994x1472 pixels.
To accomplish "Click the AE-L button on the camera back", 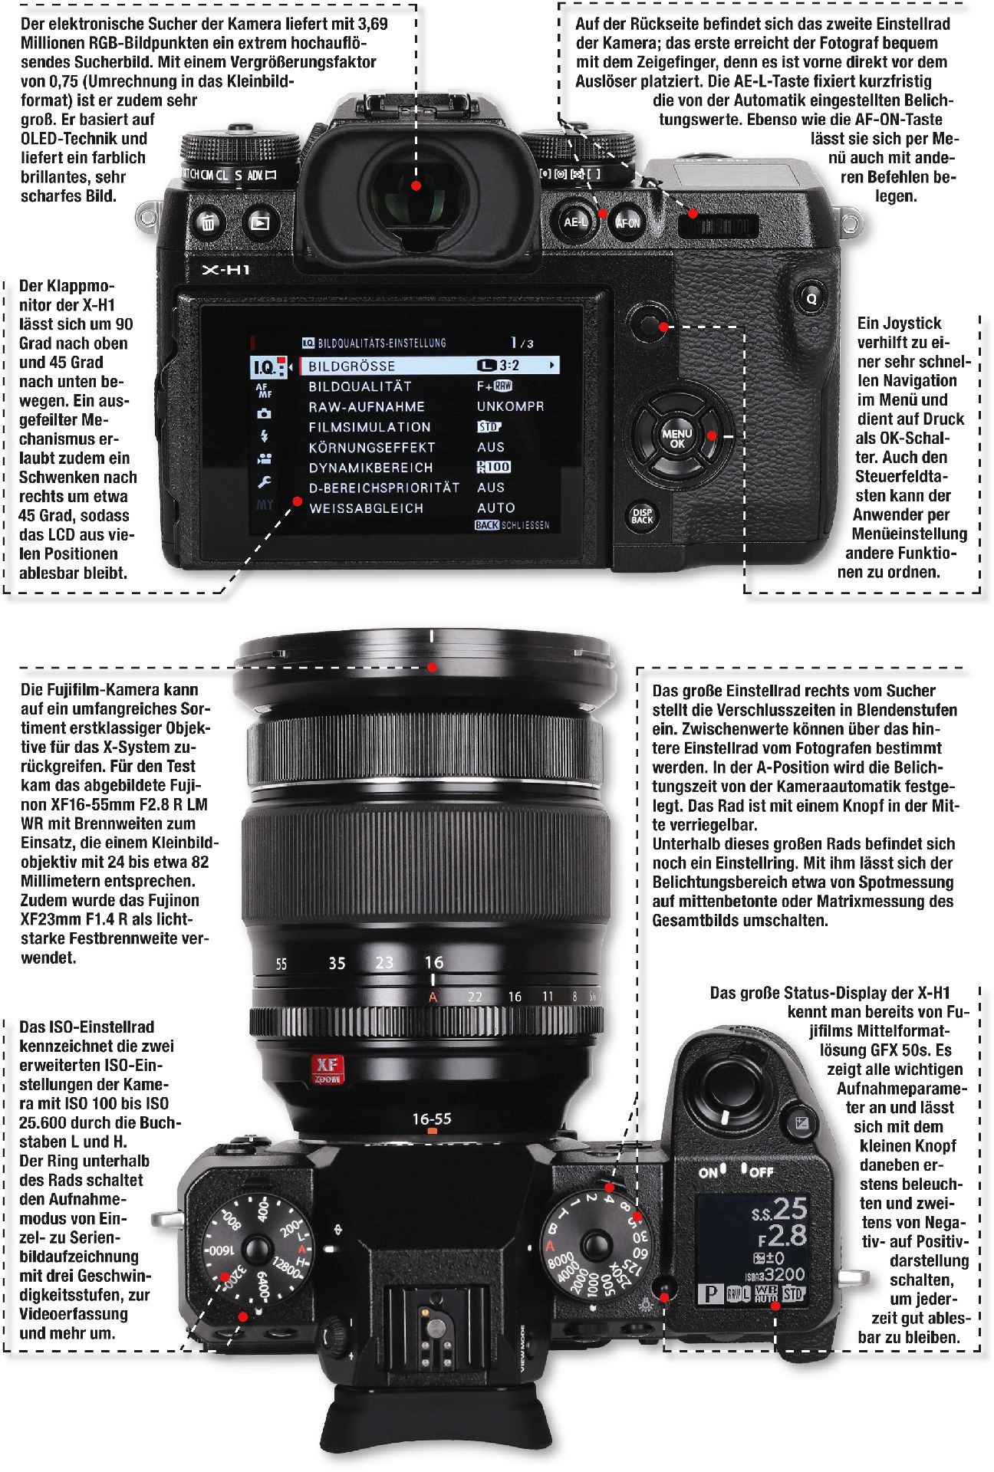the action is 575,222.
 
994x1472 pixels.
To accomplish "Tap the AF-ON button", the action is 627,223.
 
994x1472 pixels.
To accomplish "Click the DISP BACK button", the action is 642,516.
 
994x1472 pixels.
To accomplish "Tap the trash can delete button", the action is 209,223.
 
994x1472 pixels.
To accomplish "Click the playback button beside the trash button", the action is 260,223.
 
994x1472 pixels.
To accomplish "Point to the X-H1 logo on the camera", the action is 225,270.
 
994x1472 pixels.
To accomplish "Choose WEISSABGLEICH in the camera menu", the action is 367,508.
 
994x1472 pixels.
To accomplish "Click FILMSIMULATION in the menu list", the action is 370,427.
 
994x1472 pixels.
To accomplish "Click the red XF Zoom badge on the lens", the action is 327,1068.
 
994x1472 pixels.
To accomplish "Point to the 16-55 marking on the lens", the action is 432,1119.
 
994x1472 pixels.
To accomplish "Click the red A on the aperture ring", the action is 433,997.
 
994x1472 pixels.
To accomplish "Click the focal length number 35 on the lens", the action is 337,963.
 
